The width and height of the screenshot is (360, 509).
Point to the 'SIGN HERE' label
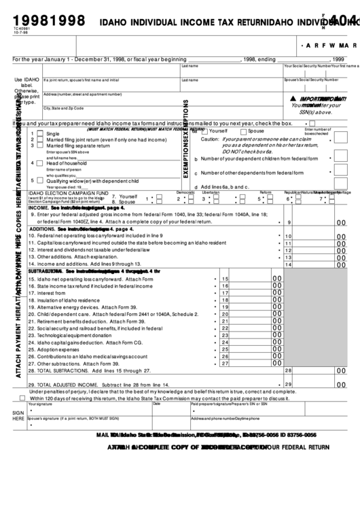point(18,416)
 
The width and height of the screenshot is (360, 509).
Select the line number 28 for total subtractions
point(288,370)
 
